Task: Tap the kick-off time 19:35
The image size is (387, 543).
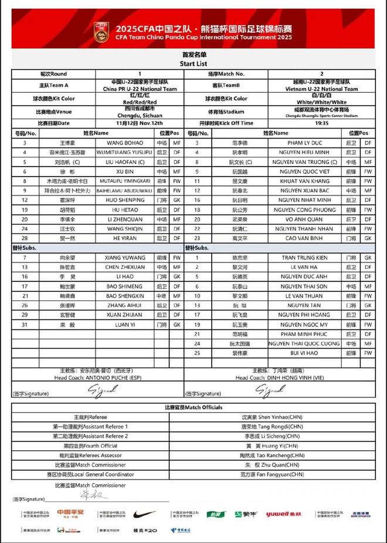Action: (321, 123)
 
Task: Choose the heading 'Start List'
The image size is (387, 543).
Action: (193, 63)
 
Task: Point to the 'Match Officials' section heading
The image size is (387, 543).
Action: (193, 407)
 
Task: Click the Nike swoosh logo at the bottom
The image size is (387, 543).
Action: (144, 514)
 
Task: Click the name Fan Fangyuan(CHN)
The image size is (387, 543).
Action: (273, 474)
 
